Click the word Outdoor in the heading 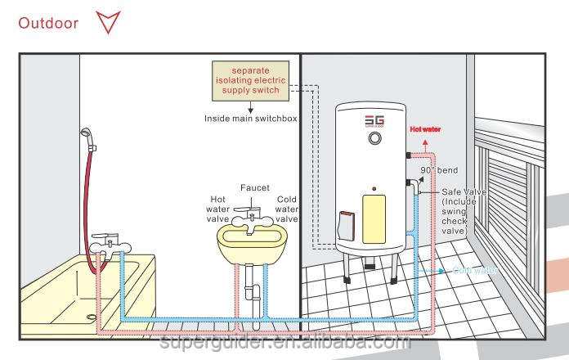[48, 22]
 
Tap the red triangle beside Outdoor [107, 22]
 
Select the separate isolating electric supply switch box [250, 80]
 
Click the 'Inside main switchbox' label [250, 119]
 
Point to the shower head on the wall [85, 133]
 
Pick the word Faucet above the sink [254, 188]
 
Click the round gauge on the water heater [374, 138]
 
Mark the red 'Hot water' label [426, 129]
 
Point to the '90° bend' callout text [440, 170]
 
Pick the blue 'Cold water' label [473, 271]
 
